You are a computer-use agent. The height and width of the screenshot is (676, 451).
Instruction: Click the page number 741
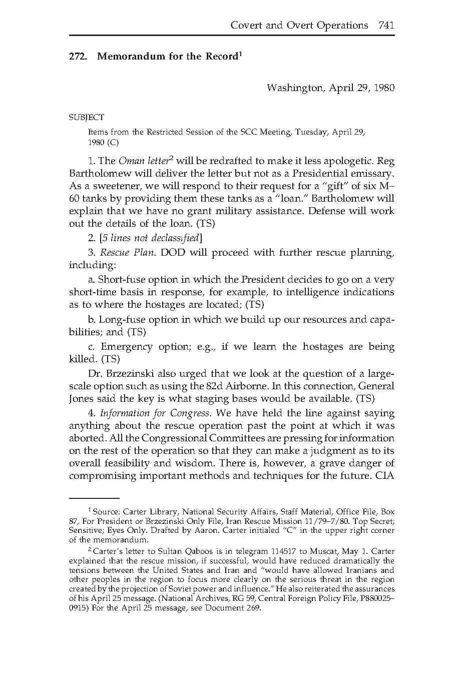pos(386,26)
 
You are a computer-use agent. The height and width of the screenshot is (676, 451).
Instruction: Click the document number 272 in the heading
pos(77,57)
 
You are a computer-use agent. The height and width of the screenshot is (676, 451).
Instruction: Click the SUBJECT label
pos(87,118)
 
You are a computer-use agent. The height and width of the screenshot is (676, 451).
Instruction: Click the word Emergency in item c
pos(126,347)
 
